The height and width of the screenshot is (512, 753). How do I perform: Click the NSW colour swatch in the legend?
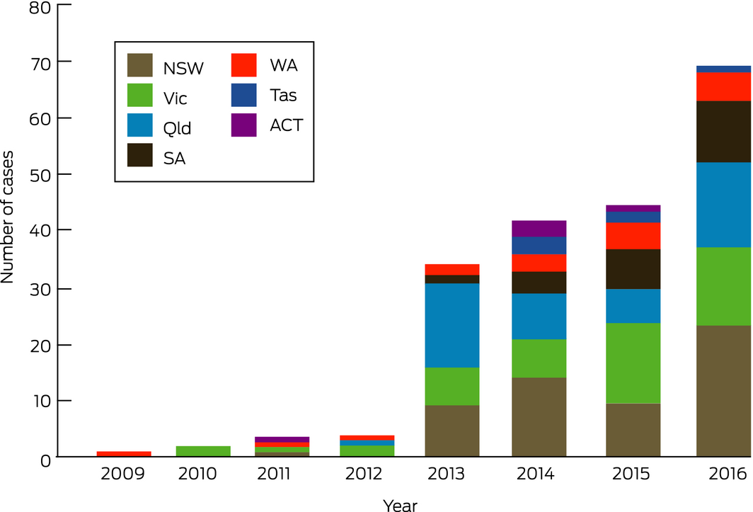coord(140,66)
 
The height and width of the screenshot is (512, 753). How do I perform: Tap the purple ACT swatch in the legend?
coord(244,125)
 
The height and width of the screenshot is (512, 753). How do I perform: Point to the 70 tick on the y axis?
coord(34,62)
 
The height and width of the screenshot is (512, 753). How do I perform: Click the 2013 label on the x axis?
coord(452,473)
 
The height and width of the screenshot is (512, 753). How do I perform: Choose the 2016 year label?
coord(723,473)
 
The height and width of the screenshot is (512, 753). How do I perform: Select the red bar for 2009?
coord(125,454)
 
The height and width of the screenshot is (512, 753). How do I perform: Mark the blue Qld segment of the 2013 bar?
coord(452,325)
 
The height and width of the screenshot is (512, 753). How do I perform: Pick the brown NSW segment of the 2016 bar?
coord(723,391)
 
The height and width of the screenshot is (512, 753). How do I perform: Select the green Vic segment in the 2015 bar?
coord(633,363)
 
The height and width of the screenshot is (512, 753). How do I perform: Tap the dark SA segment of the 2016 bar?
coord(723,132)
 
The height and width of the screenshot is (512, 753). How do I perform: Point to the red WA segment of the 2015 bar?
coord(633,236)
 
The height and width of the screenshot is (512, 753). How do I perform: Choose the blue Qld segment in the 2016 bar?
coord(723,205)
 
